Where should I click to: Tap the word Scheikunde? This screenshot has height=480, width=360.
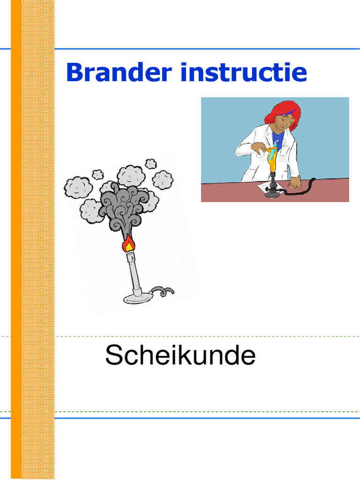(x=180, y=355)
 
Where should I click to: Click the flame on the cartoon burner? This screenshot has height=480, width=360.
(x=127, y=244)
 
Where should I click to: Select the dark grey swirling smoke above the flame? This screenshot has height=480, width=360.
(x=123, y=209)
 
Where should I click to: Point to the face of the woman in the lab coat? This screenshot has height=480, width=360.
(x=283, y=123)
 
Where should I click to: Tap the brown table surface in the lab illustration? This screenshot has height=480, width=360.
(x=225, y=192)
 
